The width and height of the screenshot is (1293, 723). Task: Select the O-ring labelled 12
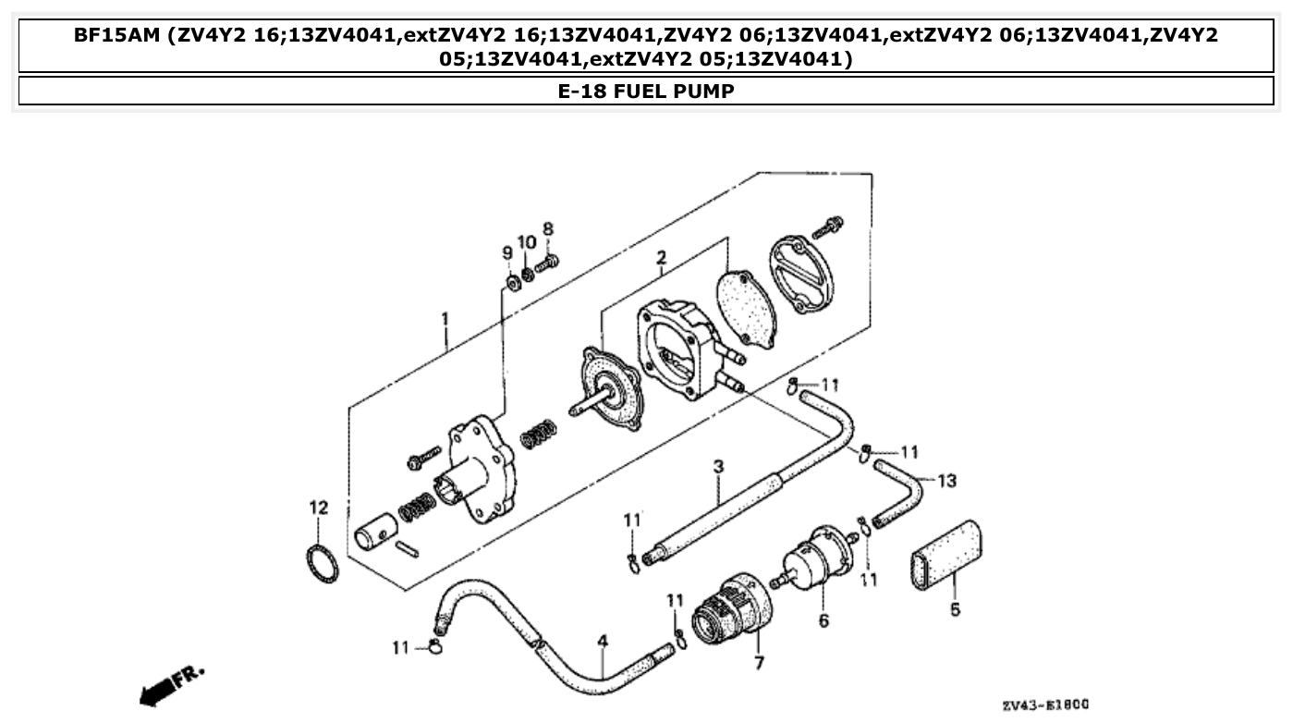[x=322, y=564]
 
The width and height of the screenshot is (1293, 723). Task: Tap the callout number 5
[x=955, y=609]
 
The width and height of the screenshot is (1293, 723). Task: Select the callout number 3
[x=717, y=468]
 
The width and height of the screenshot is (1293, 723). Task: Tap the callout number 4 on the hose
[x=603, y=640]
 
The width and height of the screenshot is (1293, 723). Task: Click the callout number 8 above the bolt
[x=547, y=228]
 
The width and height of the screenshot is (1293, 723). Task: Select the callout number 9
[x=506, y=253]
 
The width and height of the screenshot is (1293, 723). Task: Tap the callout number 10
[x=527, y=242]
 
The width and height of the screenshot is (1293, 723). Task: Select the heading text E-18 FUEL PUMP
[x=646, y=92]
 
